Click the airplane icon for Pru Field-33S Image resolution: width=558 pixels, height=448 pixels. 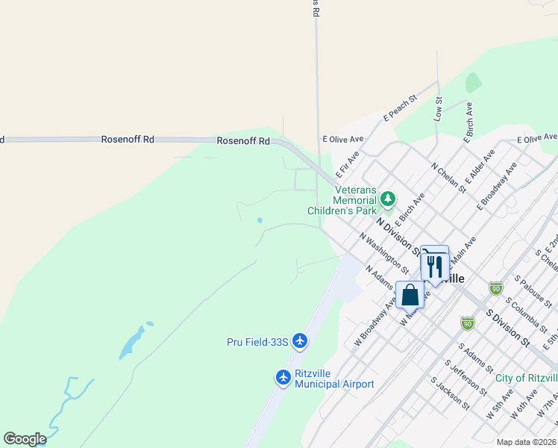click(299, 341)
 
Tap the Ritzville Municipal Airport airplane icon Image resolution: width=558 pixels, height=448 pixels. click(283, 377)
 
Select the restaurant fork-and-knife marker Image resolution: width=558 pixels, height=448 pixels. click(434, 265)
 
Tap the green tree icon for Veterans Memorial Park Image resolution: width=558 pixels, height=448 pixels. click(387, 199)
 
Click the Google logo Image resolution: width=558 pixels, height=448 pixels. click(25, 439)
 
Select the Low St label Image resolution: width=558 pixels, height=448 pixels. click(439, 110)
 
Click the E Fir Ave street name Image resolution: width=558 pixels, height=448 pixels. click(348, 163)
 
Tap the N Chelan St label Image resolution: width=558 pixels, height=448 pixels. click(448, 177)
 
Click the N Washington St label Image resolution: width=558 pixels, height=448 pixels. click(383, 252)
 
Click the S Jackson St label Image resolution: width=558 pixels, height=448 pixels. click(449, 393)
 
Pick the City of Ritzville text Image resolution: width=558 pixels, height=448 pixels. click(526, 378)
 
